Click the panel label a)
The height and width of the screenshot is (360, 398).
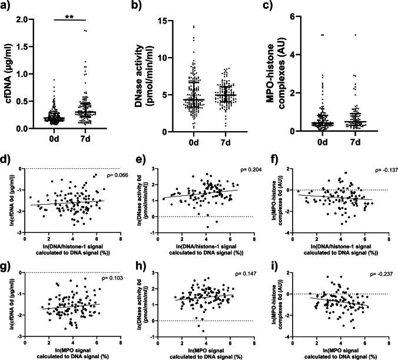click(x=8, y=8)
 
